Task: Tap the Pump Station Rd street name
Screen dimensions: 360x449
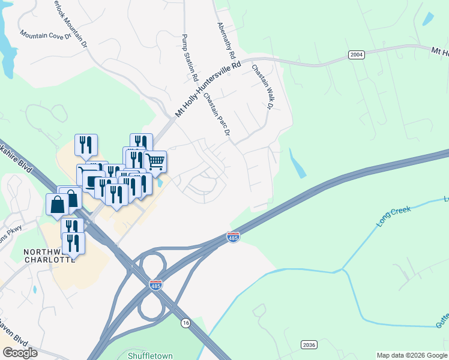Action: [x=190, y=58]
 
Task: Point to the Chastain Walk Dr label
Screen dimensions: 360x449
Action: [x=262, y=88]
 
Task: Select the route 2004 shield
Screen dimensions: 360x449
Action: [x=356, y=55]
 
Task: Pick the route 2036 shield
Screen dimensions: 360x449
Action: [x=309, y=344]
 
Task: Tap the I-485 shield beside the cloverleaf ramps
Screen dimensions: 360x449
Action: [x=155, y=286]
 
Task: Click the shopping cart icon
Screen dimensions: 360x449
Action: [x=155, y=161]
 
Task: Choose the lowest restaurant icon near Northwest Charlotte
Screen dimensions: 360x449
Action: [x=73, y=244]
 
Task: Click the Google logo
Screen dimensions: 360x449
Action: [x=20, y=353]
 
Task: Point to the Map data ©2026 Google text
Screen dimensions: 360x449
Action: [x=412, y=355]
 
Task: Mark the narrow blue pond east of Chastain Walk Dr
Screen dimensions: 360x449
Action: [x=297, y=163]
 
